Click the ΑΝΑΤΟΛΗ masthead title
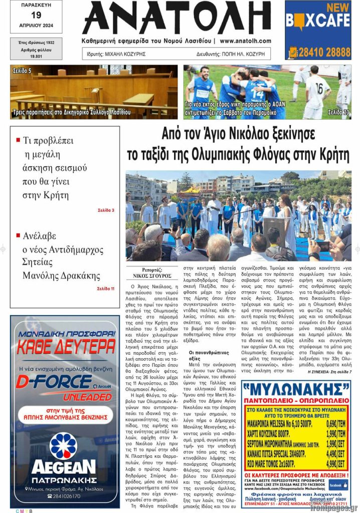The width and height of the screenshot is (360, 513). [x=176, y=19]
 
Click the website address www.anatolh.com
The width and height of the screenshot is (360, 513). [x=245, y=41]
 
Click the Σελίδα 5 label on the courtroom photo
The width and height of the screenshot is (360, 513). [x=22, y=71]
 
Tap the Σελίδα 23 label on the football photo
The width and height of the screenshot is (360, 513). [x=338, y=113]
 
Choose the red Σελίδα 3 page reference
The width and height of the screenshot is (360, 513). [x=106, y=210]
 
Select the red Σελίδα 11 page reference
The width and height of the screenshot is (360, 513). [x=105, y=289]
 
